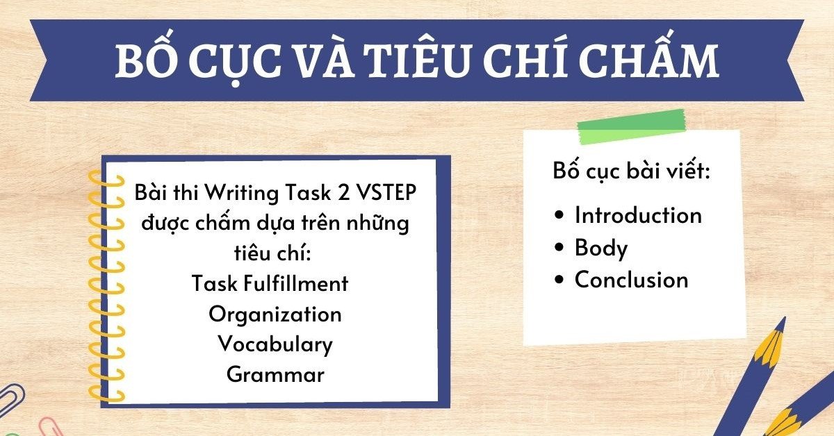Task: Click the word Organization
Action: point(275,314)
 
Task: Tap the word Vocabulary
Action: point(275,344)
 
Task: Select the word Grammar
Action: point(275,375)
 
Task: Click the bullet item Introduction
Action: point(638,215)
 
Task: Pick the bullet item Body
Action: point(601,248)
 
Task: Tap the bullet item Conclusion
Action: point(631,280)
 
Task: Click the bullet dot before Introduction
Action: point(560,216)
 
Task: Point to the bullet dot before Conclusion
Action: point(560,280)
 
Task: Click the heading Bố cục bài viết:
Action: point(631,171)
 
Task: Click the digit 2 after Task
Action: point(342,194)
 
